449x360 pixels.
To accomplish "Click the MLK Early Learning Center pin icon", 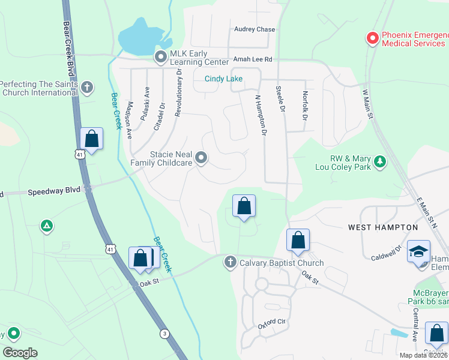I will click(x=160, y=58).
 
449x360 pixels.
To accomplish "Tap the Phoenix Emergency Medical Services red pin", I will click(x=372, y=38).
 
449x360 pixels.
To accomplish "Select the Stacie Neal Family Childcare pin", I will click(x=202, y=158).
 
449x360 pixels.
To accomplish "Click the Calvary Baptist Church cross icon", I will click(x=230, y=262).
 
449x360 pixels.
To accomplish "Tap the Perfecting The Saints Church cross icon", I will click(x=87, y=88).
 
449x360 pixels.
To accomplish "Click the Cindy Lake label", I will click(x=223, y=79).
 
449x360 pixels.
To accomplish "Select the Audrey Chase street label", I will click(x=255, y=29).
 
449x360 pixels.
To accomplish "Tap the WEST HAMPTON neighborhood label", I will click(x=383, y=227).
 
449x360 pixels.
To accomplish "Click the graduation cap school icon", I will click(x=418, y=251).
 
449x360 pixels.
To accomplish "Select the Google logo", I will click(x=20, y=353).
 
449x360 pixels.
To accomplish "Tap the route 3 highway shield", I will click(x=164, y=333).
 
